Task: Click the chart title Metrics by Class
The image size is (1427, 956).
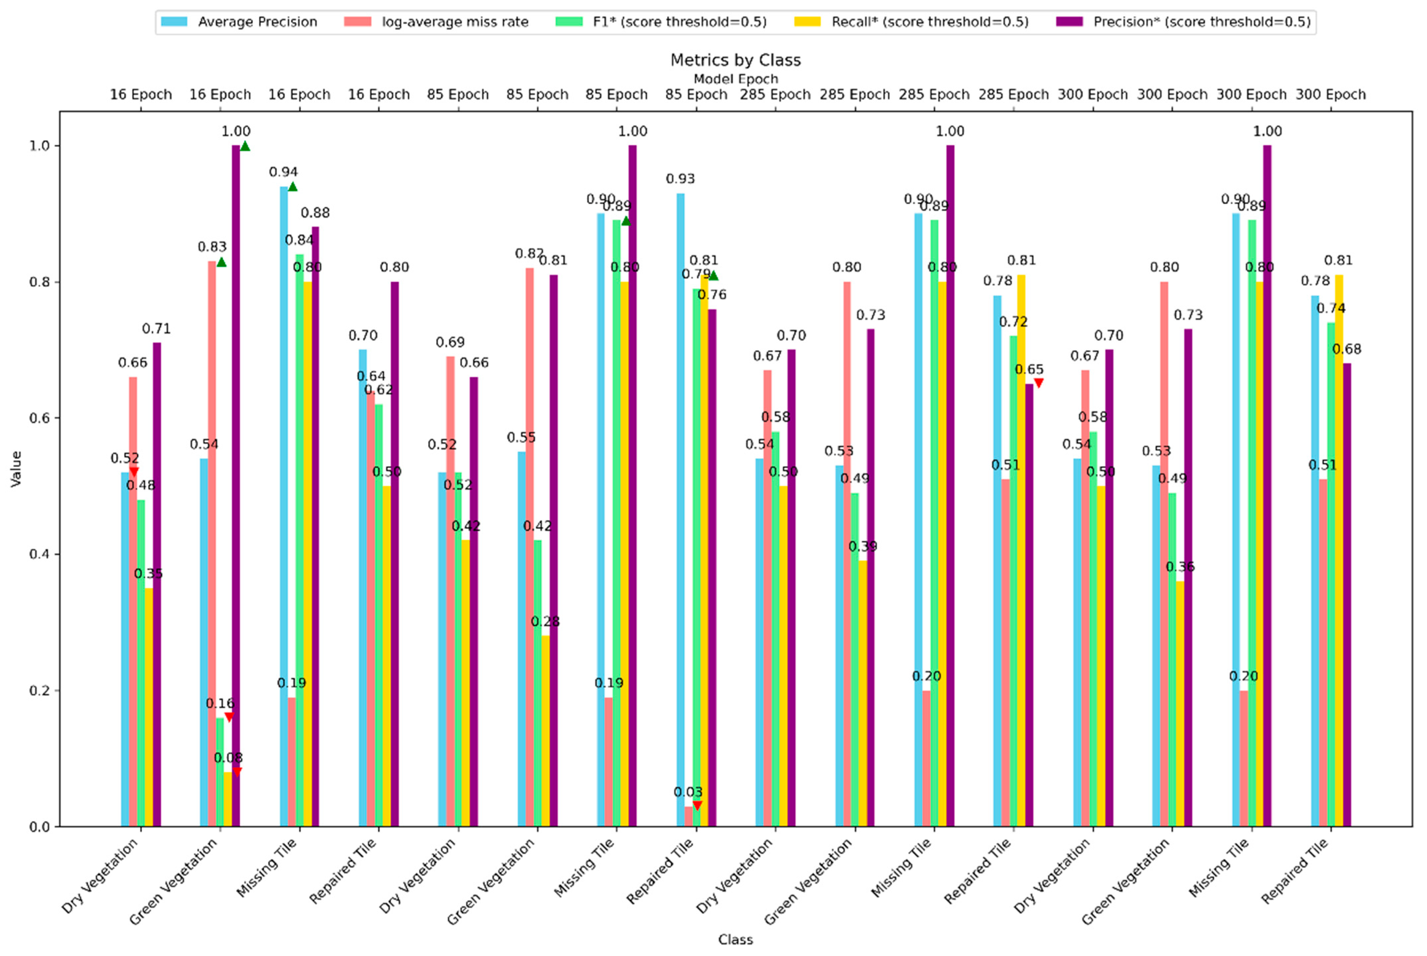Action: (735, 60)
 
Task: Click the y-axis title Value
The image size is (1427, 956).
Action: (17, 468)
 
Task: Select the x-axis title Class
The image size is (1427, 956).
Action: (735, 939)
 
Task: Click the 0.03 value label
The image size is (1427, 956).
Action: (687, 792)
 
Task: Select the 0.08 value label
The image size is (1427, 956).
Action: (228, 758)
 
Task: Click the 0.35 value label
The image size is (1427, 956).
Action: (148, 574)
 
